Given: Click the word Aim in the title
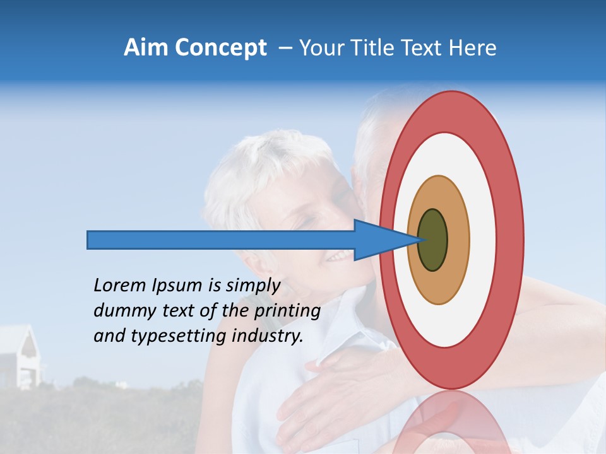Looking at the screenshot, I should tap(146, 48).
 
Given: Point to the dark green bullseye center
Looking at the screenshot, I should tap(432, 240).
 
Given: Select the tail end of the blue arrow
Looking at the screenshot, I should tap(89, 240).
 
